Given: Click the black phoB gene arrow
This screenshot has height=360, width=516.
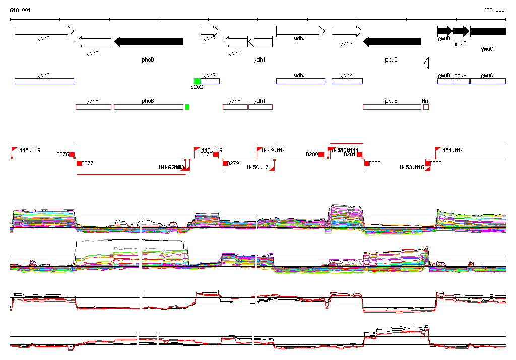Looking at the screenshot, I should pos(149,42).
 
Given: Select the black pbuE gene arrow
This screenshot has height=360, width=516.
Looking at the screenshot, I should pos(392,42).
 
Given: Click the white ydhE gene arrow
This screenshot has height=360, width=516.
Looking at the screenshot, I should pos(44,31).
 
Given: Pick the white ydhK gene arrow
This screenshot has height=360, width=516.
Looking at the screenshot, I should pos(347,31).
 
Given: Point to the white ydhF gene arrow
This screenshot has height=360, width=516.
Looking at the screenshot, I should pos(93,42).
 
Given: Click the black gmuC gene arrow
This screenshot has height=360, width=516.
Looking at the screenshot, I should pos(488,31).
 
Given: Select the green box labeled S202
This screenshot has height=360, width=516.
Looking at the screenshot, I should pos(197,81).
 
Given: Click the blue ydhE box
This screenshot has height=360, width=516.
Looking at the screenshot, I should pos(44,81).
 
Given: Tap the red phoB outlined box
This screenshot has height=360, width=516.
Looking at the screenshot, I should pos(149,107).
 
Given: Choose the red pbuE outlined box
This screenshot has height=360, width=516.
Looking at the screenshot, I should pos(392,107).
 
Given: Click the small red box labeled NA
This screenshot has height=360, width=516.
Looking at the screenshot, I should pos(426,107).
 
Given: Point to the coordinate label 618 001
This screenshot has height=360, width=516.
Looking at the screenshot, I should pos(20,10).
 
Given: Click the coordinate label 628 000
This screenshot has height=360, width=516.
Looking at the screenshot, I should pos(494,10).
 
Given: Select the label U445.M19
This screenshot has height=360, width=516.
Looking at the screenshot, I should pos(29,150).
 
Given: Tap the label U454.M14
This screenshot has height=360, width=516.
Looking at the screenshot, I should pos(452,150).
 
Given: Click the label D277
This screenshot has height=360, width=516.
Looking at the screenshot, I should pos(88,163).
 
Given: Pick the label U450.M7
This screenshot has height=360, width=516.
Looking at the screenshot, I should pos(257,167).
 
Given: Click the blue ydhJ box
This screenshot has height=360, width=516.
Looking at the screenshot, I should pos(299,81).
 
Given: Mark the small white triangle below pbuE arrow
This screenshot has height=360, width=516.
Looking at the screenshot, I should pos(426,63).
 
